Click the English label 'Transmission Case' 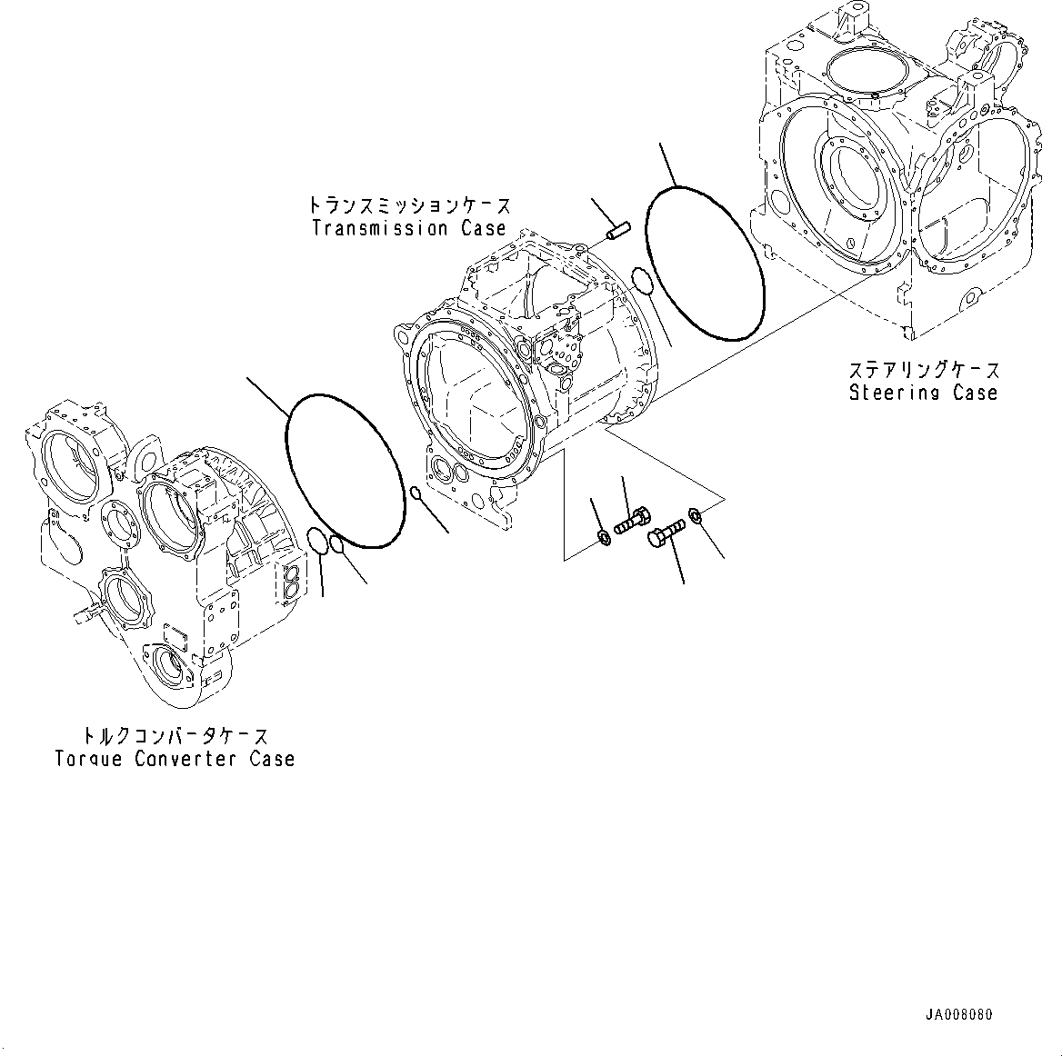pos(408,228)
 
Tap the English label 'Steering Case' pos(923,393)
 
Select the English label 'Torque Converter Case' pos(175,758)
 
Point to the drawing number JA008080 pos(960,1014)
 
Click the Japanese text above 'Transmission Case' pos(408,205)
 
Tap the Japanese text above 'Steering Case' pos(923,370)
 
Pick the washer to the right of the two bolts pos(696,516)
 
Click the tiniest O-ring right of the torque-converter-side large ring pos(416,493)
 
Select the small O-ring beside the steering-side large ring pos(642,282)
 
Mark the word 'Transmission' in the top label pos(380,228)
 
